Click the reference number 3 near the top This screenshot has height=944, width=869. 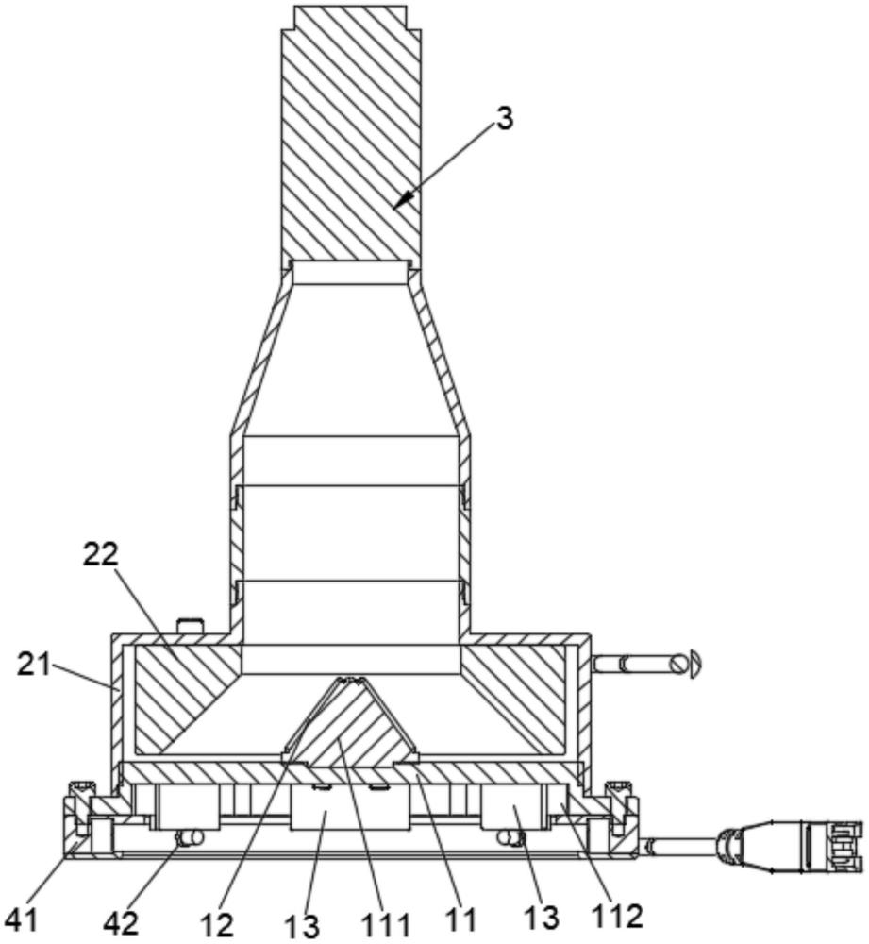tap(504, 119)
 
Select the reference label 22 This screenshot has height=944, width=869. tap(100, 554)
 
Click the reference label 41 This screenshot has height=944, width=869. tap(22, 921)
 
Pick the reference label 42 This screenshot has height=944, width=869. tap(121, 923)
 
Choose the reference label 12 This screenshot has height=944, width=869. tap(217, 923)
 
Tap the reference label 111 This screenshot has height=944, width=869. tap(386, 925)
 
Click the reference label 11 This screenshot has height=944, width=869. tap(461, 919)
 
